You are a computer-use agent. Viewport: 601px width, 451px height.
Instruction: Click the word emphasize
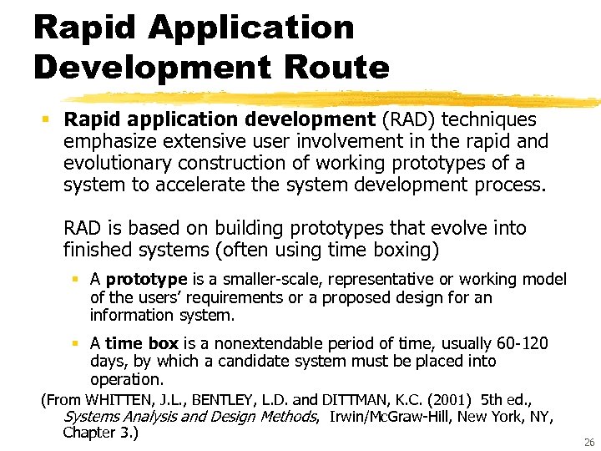(112, 141)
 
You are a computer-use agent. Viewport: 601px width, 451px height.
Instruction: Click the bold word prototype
(147, 280)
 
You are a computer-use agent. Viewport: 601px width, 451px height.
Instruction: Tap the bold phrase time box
(142, 343)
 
